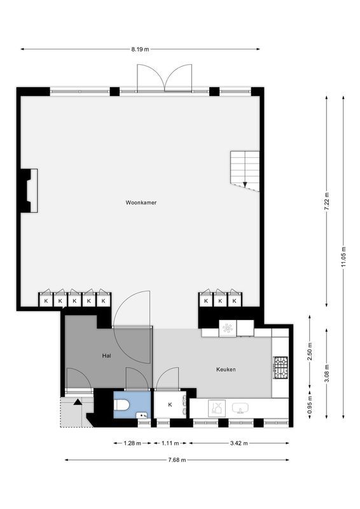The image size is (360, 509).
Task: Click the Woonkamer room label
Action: point(141,203)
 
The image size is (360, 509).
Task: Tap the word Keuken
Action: point(226,368)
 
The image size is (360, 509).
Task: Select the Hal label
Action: point(107,356)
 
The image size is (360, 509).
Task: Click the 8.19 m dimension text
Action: point(140,49)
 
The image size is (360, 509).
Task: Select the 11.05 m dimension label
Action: point(343,257)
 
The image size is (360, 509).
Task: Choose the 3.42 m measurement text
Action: point(239,443)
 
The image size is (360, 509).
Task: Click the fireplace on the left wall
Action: point(29,190)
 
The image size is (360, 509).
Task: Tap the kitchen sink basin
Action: point(240,407)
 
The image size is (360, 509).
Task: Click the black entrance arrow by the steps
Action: point(78,401)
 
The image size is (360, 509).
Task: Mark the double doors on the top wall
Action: point(165,78)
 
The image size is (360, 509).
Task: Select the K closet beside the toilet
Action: point(170,405)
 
